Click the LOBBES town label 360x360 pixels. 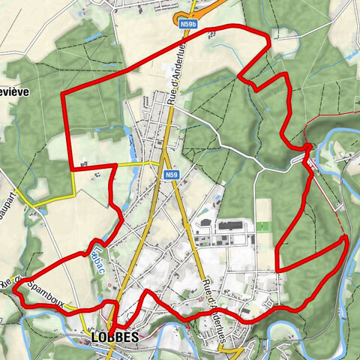114,337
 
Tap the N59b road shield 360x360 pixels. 188,25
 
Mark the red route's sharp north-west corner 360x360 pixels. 62,93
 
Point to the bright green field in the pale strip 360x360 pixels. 263,225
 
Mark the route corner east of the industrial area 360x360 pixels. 277,269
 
